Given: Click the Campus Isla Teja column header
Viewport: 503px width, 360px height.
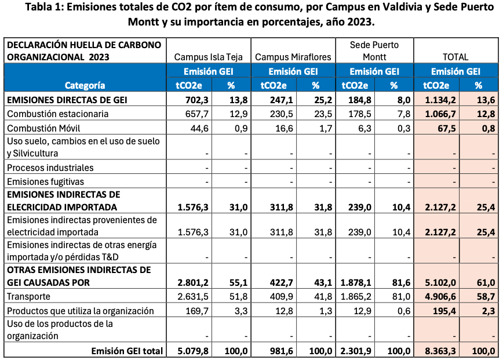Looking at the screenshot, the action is tap(208, 57).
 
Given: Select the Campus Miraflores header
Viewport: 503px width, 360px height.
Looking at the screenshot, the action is tap(293, 57).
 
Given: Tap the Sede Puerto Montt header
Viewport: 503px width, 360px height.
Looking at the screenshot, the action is tap(374, 50).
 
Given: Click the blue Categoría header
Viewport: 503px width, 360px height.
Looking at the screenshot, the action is tap(85, 85).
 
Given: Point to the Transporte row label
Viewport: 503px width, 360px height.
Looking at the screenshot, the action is tap(28, 296).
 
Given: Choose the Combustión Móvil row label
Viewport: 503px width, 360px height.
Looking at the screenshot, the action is tap(43, 128).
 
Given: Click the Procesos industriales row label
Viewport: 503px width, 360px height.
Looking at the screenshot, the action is tap(50, 168).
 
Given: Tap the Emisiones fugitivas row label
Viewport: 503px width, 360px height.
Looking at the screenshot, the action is tap(45, 181).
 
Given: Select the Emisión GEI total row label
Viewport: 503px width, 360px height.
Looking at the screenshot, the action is tap(127, 351).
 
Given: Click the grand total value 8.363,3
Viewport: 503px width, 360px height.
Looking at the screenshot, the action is tap(440, 351).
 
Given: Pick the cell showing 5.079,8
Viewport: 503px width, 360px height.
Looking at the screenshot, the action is tap(193, 351).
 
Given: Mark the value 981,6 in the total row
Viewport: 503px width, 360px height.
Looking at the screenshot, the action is tap(281, 351).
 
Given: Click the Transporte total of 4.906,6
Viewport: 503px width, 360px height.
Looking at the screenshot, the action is tap(440, 296).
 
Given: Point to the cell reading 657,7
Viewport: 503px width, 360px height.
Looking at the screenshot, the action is tap(196, 114).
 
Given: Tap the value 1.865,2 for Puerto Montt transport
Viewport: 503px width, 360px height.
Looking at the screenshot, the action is tap(356, 296).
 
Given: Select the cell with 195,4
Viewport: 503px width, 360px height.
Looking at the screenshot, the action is tap(444, 311).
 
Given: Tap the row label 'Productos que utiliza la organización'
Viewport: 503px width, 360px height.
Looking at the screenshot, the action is tap(80, 311).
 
